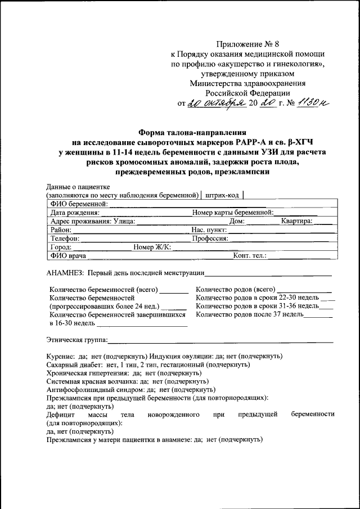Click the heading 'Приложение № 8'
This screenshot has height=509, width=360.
[247, 43]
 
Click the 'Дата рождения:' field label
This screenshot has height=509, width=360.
[75, 213]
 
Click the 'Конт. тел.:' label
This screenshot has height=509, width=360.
[250, 255]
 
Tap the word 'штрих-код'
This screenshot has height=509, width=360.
[223, 195]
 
